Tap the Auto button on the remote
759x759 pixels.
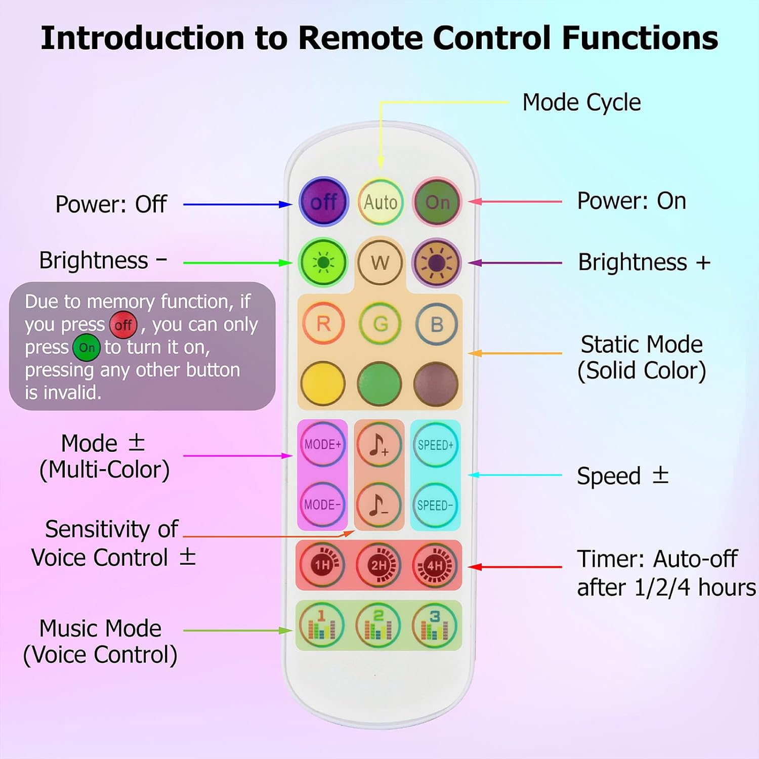[381, 202]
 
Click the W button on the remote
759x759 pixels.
[380, 263]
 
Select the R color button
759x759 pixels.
[323, 323]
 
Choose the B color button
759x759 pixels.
[437, 324]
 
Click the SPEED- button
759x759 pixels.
[435, 505]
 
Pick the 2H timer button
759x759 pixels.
[379, 565]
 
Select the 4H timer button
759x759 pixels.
[435, 565]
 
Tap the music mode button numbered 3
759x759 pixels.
[435, 625]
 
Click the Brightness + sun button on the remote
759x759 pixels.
[437, 263]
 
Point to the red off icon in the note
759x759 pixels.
[123, 325]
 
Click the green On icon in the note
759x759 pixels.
[87, 348]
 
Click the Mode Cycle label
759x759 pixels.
[581, 102]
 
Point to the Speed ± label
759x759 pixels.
[623, 476]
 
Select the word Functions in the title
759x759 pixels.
[640, 38]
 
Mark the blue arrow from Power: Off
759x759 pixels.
[238, 204]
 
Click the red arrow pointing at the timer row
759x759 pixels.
[515, 567]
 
